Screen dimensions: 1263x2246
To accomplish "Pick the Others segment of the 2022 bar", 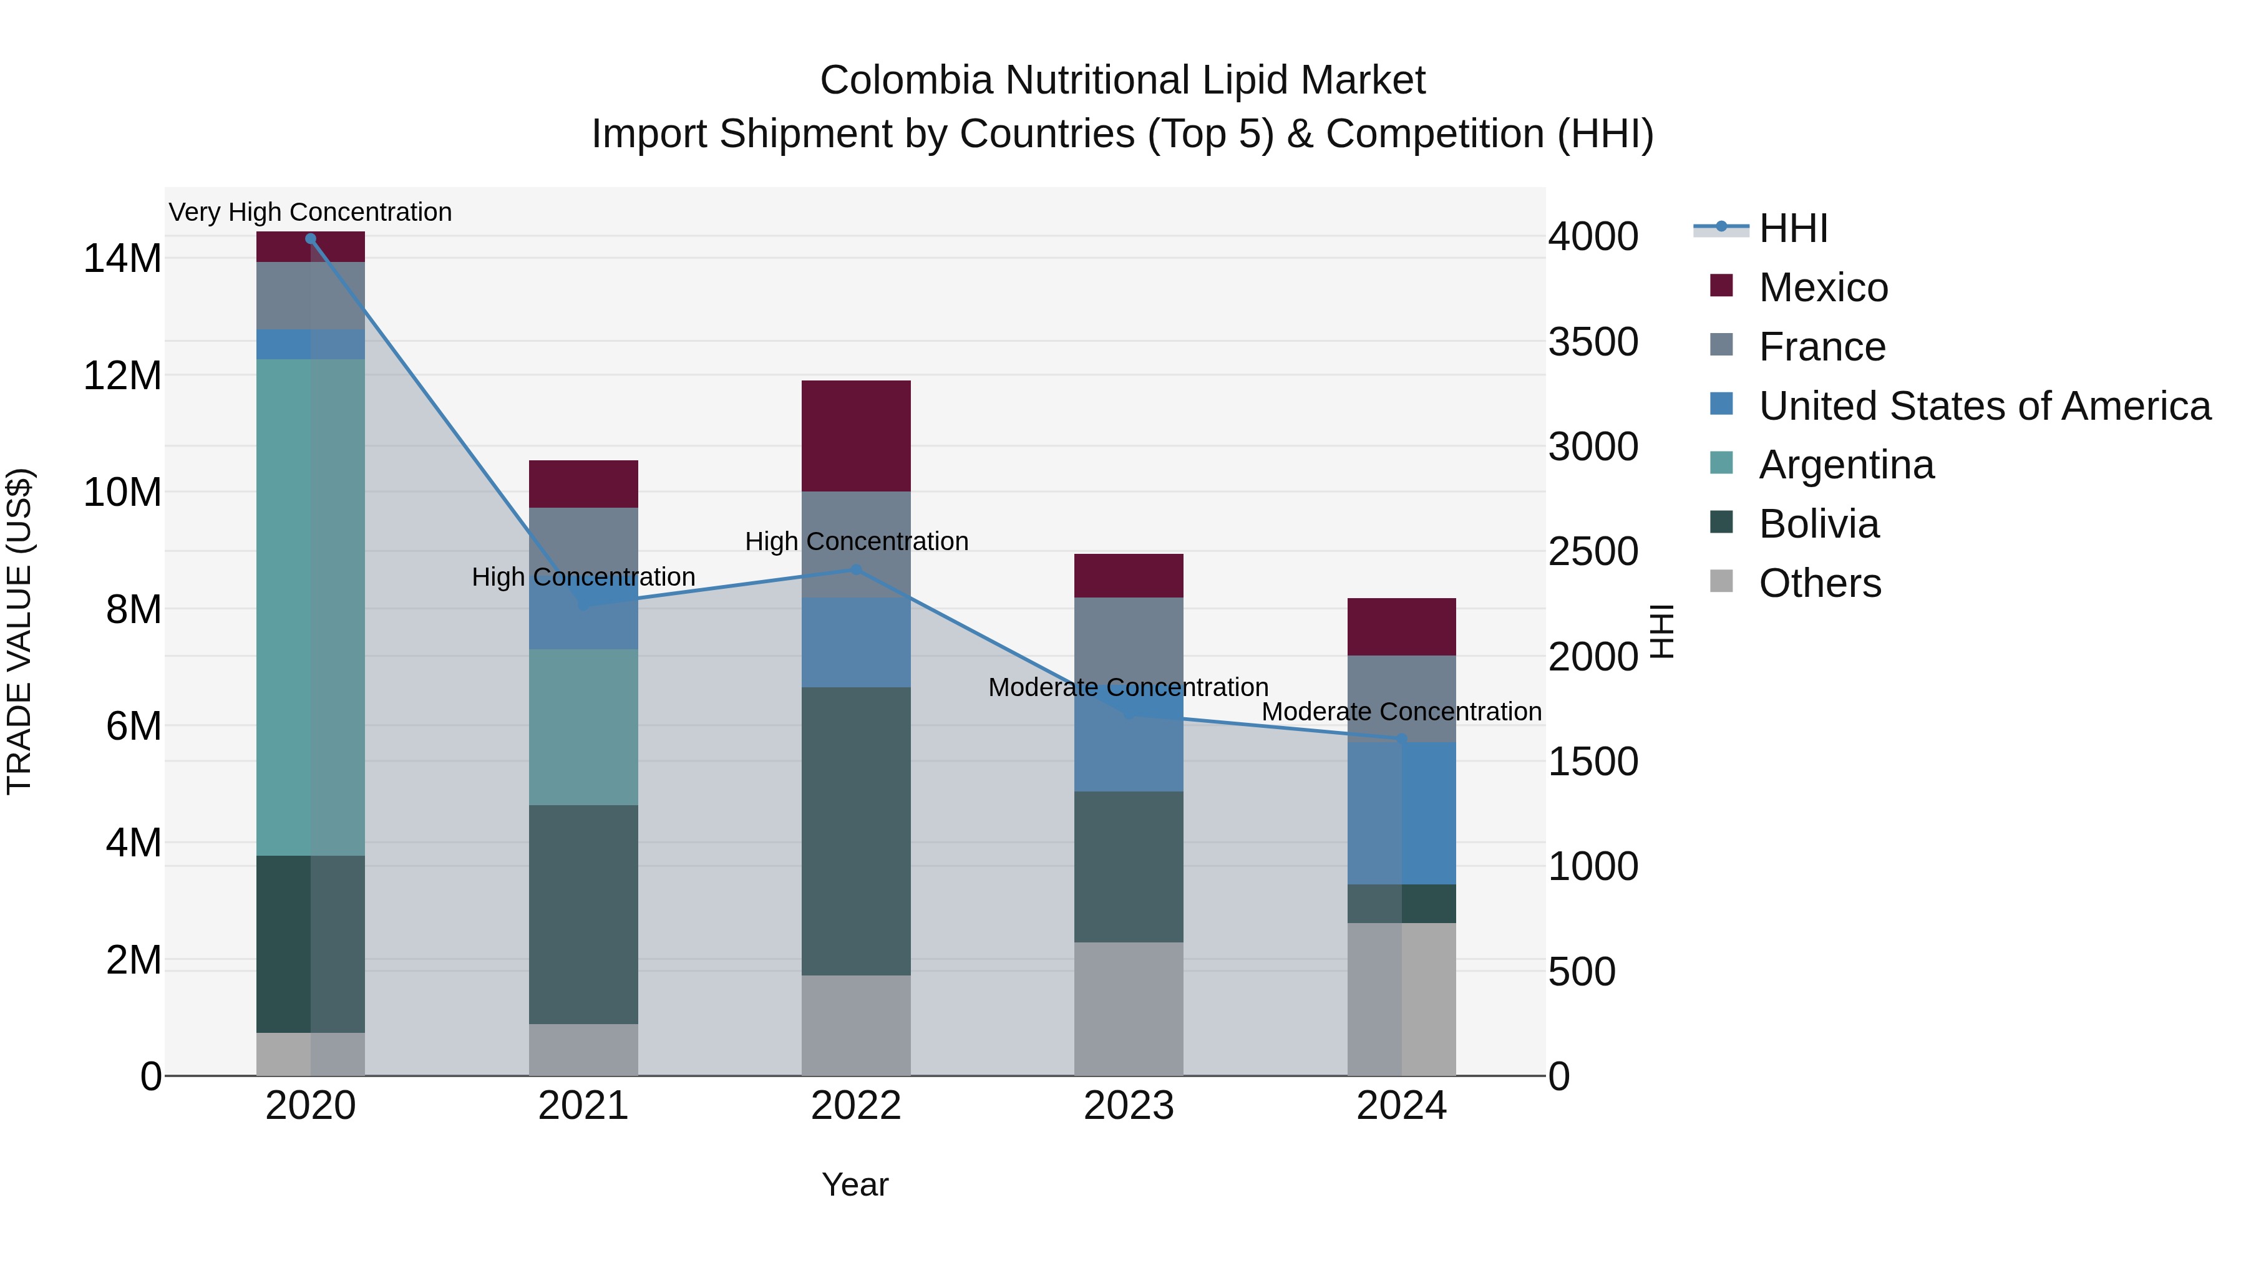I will (855, 1024).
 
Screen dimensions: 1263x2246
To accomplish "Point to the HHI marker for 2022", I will (855, 570).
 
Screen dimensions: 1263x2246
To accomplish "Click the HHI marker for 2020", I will (311, 239).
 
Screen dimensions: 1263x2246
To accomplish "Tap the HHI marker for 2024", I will (1401, 738).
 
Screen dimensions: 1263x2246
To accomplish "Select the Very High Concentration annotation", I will (311, 212).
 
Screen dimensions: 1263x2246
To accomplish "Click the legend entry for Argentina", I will (1846, 465).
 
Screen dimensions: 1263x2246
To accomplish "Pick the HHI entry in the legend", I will (1792, 228).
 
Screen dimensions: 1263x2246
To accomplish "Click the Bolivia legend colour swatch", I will (1721, 522).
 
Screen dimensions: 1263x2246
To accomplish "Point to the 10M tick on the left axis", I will (122, 493).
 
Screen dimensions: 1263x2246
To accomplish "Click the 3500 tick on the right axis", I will (1593, 342).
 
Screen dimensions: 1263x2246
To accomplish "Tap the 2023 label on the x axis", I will (1128, 1106).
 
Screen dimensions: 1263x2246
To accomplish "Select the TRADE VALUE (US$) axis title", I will (19, 631).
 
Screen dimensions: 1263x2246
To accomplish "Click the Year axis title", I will (855, 1184).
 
